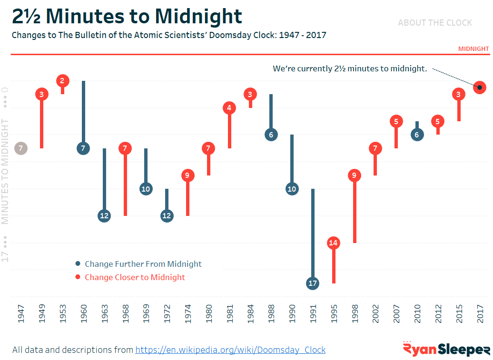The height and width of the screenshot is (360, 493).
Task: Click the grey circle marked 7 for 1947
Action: tap(21, 148)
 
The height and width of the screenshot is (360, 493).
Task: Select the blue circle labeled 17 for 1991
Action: tap(313, 283)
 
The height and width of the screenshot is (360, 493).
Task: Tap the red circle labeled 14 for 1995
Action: tap(334, 243)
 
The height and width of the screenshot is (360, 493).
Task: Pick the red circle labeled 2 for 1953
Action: tap(62, 81)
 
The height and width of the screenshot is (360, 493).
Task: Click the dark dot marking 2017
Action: tap(480, 88)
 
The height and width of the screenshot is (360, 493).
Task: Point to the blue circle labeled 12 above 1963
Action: tap(104, 216)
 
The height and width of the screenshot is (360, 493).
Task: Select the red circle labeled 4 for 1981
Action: tap(229, 108)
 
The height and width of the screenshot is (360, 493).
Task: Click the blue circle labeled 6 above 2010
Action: tap(417, 135)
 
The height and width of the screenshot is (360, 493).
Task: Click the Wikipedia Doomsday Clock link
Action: tap(230, 350)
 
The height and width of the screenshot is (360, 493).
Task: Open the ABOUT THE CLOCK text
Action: tap(435, 23)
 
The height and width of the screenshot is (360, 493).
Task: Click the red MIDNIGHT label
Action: tap(473, 49)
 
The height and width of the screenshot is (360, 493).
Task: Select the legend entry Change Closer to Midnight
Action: tap(135, 277)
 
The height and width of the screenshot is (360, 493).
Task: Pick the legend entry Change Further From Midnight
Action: tap(143, 264)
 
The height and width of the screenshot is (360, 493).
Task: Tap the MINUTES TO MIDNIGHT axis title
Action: tap(6, 171)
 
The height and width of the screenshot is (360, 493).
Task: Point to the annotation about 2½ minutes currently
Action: tap(350, 69)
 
